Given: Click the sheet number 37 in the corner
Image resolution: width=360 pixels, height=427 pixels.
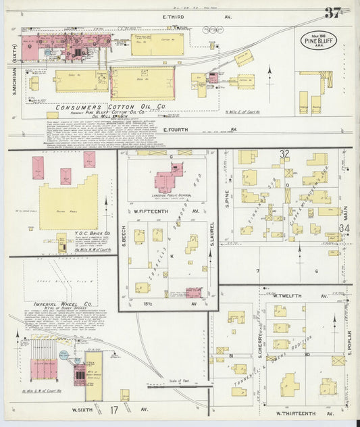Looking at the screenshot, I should pos(332,14).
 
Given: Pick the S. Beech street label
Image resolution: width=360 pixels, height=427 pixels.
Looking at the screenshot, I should pos(125,234).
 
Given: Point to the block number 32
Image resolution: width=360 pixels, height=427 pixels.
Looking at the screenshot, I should pos(285,155).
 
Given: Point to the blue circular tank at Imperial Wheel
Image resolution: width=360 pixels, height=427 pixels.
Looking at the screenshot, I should pos(64,354).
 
